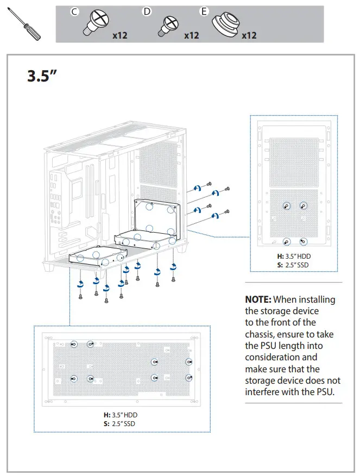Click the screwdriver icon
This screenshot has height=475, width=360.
pos(23,24)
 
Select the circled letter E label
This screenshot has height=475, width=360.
pos(204,11)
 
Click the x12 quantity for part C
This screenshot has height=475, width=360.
pos(119,36)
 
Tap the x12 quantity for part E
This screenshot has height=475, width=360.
pos(249,36)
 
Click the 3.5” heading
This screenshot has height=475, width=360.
pos(42,76)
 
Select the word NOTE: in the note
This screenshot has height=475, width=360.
pos(258,299)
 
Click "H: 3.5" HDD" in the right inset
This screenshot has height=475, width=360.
pos(294,256)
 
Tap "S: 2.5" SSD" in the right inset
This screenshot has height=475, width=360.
pos(294,265)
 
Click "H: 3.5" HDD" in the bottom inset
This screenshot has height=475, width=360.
pos(117,415)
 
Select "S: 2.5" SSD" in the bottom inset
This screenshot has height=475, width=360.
pos(117,423)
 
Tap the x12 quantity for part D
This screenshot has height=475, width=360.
pos(192,36)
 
